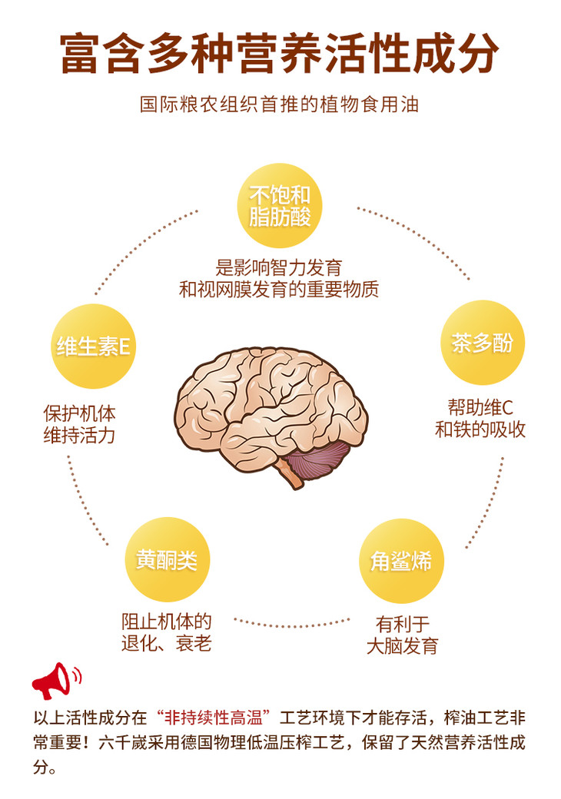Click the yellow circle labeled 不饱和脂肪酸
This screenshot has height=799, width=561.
click(x=280, y=205)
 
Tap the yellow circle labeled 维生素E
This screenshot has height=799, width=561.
click(x=91, y=346)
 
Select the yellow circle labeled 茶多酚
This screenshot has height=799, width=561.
click(x=481, y=343)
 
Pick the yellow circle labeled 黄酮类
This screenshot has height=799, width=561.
click(x=168, y=560)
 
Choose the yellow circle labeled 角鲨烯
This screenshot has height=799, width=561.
click(x=401, y=561)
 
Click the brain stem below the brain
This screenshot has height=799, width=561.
click(x=293, y=477)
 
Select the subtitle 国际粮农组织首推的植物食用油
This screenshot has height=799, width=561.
click(x=280, y=104)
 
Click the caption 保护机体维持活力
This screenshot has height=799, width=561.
click(x=79, y=424)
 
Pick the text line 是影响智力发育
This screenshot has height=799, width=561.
click(x=279, y=267)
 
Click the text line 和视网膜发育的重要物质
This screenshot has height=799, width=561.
click(x=279, y=290)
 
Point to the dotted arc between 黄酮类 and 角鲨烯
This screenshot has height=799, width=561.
click(x=291, y=621)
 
